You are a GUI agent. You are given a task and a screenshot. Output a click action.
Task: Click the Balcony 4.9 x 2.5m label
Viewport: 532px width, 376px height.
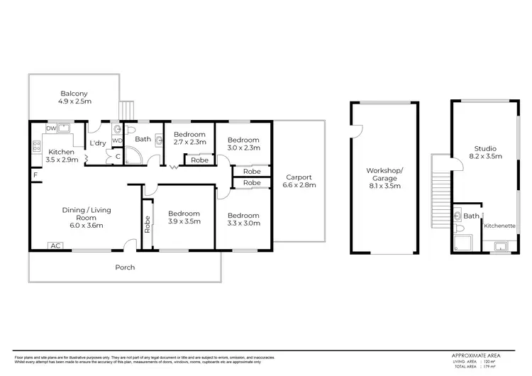[74, 97]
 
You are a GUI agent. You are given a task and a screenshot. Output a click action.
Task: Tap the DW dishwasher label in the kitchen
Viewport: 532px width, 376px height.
[50, 128]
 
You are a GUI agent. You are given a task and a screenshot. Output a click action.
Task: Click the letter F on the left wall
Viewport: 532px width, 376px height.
[33, 173]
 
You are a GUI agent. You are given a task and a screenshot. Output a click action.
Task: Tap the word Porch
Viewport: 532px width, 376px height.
[125, 267]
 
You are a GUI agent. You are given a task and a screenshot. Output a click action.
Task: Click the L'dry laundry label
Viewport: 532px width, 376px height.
[97, 143]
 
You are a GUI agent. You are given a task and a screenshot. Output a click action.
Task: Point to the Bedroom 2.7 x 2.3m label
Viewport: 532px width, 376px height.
[189, 138]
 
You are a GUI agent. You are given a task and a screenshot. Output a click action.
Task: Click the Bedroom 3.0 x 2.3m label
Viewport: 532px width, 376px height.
[243, 144]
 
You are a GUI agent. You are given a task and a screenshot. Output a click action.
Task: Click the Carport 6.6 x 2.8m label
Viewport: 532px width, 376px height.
[300, 181]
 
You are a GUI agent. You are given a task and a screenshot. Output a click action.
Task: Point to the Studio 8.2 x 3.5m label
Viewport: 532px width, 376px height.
[488, 152]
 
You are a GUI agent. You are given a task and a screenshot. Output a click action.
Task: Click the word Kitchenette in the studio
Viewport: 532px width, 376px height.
[499, 226]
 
